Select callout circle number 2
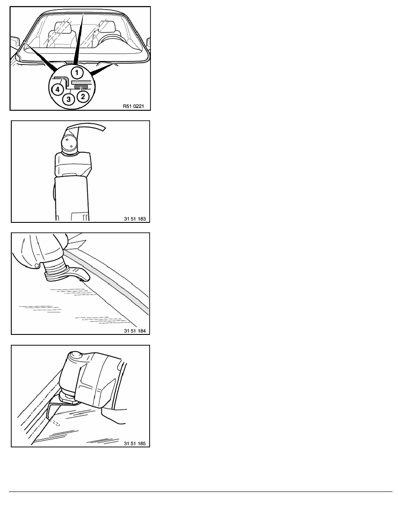(83, 96)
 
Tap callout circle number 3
(69, 99)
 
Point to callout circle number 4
(58, 89)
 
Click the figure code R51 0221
(134, 106)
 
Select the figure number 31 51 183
(135, 218)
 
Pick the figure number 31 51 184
(135, 331)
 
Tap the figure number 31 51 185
(135, 443)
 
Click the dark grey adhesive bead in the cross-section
(81, 87)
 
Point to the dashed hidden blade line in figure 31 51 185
(55, 423)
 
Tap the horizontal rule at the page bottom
(201, 492)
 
